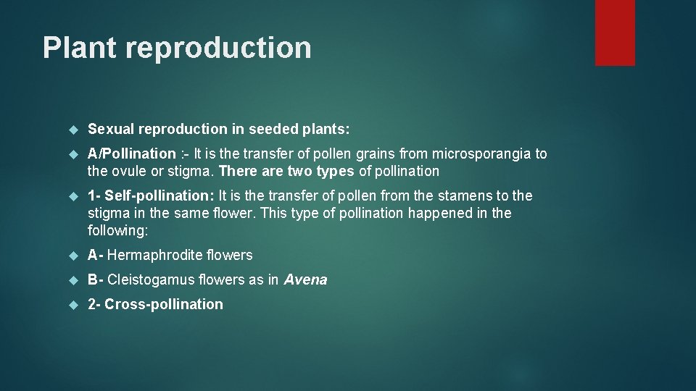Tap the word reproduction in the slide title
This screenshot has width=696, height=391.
(218, 49)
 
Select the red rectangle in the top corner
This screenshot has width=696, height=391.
(615, 33)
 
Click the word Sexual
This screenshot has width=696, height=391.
(111, 130)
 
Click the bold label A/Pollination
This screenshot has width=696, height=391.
(131, 154)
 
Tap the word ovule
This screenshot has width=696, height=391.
(128, 172)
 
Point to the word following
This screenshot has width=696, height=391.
(115, 230)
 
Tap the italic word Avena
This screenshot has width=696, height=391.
(305, 279)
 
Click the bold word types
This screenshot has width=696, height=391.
(336, 172)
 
